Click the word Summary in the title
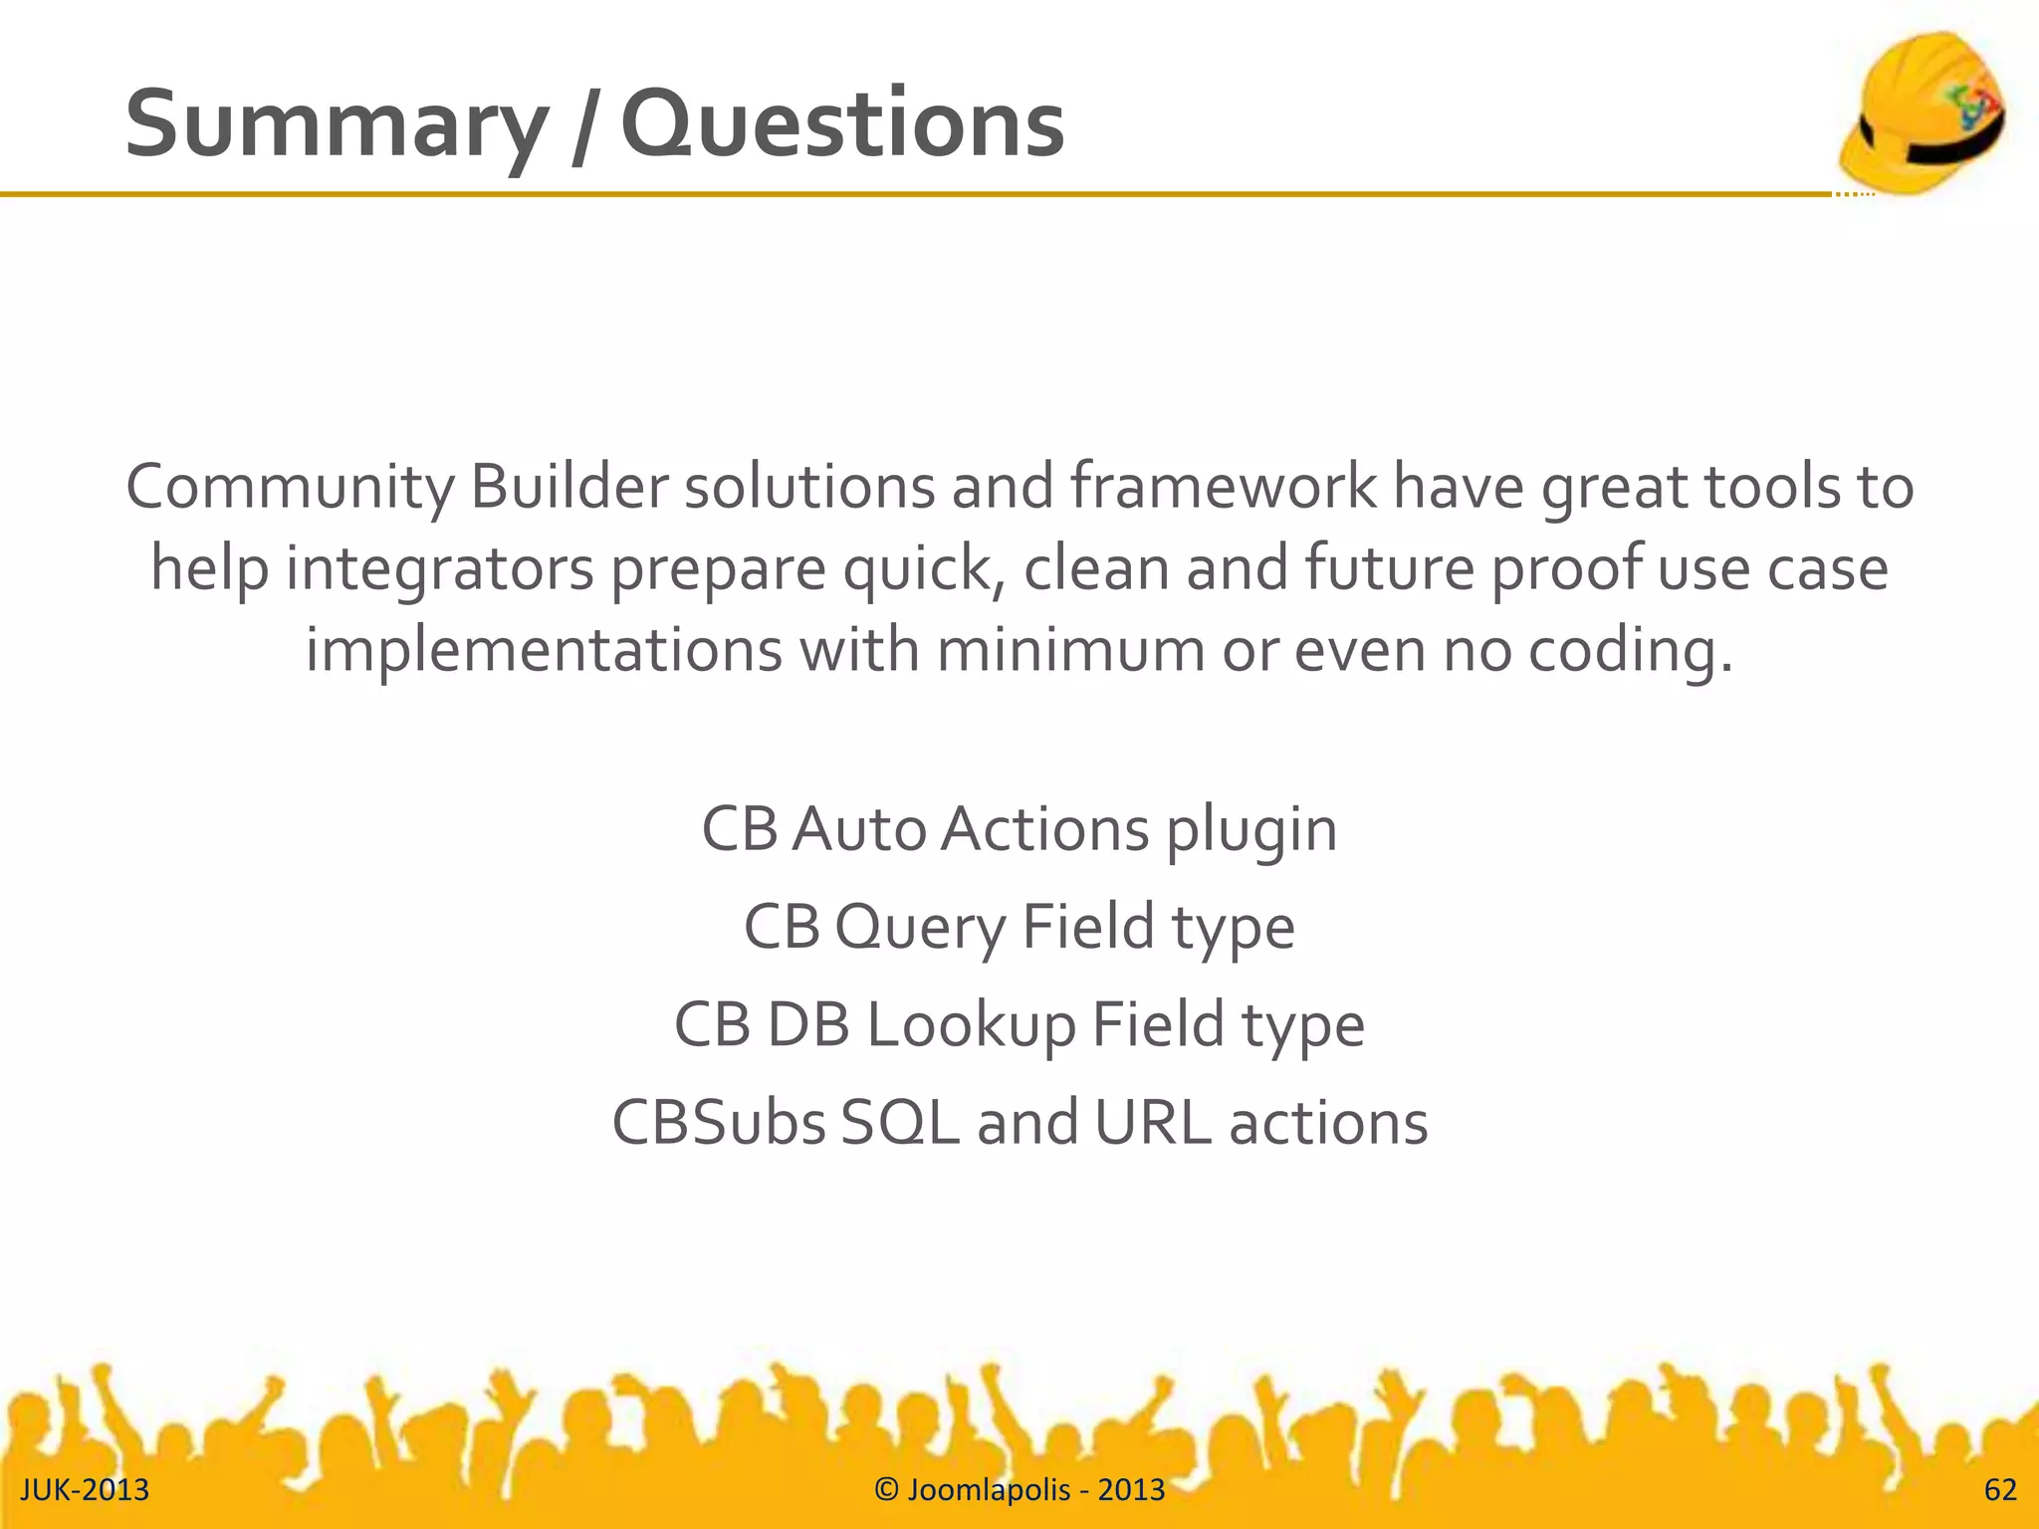[x=336, y=125]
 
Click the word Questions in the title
[x=842, y=125]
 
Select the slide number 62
[x=2000, y=1489]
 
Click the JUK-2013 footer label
[x=85, y=1489]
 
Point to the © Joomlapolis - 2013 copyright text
[x=1019, y=1489]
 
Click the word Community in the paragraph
[x=290, y=488]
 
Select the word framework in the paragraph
[x=1224, y=488]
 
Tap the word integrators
[x=439, y=569]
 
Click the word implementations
[x=544, y=650]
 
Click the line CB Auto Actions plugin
[x=1019, y=829]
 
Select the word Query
[x=920, y=928]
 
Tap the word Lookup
[x=971, y=1025]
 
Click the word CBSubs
[x=718, y=1123]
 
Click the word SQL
[x=900, y=1123]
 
